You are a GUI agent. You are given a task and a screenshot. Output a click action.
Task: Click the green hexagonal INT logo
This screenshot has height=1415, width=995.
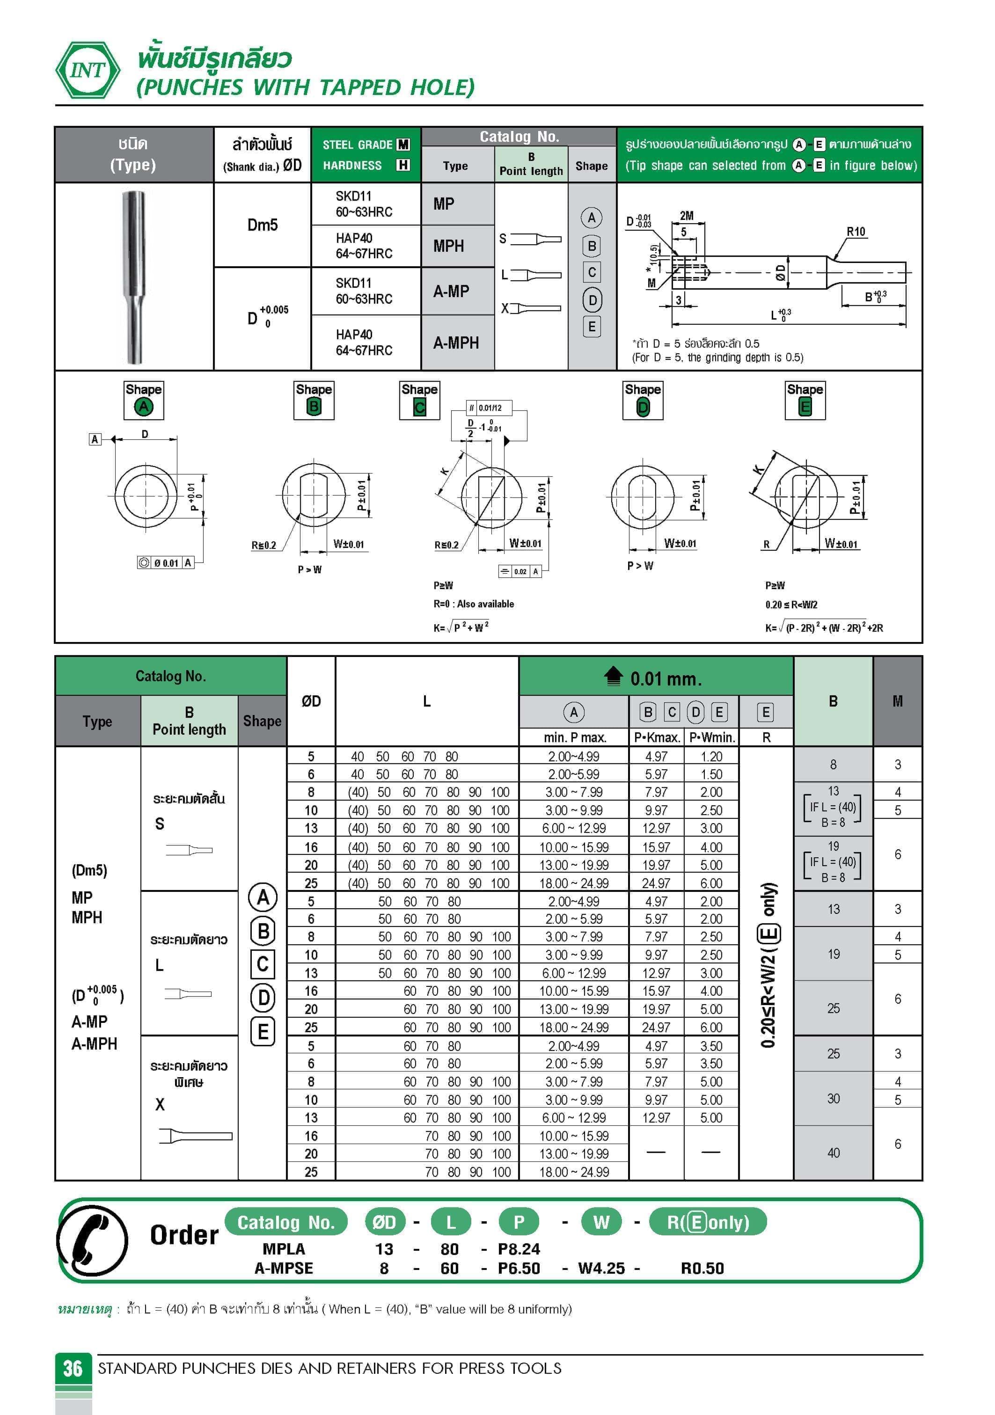coord(88,70)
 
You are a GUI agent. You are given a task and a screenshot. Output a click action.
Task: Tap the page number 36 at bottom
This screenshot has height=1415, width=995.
coord(73,1368)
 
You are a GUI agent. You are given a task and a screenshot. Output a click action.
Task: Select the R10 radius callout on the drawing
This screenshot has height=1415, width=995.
coord(855,232)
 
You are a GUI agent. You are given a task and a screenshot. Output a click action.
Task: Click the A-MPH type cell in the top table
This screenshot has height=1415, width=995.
coord(456,343)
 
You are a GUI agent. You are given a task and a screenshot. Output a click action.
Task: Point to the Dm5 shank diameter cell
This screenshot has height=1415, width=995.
coord(262,225)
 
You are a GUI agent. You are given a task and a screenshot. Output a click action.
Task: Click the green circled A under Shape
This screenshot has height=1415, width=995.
coord(144,407)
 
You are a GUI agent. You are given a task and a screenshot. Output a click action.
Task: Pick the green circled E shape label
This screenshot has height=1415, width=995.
coord(805,407)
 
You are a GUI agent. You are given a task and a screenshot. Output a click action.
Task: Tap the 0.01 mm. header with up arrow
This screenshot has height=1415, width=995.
coord(655,678)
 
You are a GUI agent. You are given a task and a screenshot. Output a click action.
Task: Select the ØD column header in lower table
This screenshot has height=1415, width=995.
coord(311,701)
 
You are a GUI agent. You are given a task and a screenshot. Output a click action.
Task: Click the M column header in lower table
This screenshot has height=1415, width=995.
coord(897,701)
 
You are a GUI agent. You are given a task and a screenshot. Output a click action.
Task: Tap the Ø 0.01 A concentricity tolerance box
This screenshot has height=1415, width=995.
coord(165,562)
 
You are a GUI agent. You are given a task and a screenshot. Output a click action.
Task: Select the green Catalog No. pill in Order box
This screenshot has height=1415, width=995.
coord(286,1222)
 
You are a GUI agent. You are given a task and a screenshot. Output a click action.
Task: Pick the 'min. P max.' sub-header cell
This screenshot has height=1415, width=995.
coord(574,737)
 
